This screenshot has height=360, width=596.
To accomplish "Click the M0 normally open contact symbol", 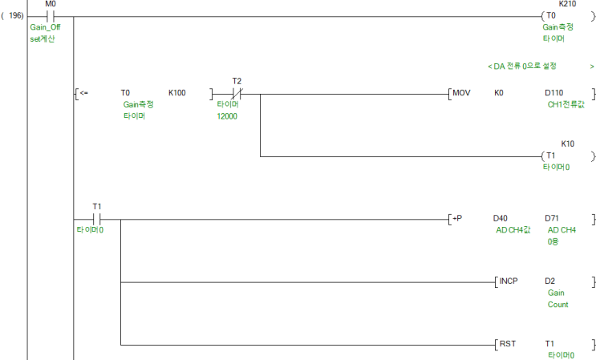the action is point(51,16).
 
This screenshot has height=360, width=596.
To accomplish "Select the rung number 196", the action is point(15,15).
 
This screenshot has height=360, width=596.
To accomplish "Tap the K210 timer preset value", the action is point(567,4).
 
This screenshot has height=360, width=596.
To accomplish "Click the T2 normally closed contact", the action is point(237,94).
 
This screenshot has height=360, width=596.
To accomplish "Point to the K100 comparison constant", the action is point(177,93).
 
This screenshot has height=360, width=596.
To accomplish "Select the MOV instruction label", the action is point(461,93).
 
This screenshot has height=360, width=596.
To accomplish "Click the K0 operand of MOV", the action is point(499,93).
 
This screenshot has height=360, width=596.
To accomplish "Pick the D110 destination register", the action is point(553,93).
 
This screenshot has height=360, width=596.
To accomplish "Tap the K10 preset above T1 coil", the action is point(567,144).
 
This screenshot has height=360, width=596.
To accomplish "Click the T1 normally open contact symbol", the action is point(96,219).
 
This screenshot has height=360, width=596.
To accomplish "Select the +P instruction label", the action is point(457,218).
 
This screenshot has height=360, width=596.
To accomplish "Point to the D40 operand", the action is point(501,218).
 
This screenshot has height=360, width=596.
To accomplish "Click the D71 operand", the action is point(552,218).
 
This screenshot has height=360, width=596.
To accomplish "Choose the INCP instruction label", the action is point(509,281).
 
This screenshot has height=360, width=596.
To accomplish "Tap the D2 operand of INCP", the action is point(549,281).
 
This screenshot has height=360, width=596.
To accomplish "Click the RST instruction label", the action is point(508,344).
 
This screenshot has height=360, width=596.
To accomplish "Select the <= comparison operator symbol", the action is point(84,93).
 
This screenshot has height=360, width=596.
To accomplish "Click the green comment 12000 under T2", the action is point(227,116).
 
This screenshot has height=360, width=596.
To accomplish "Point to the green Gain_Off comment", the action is point(45,27).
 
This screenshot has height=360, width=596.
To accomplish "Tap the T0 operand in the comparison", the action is point(125,93).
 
